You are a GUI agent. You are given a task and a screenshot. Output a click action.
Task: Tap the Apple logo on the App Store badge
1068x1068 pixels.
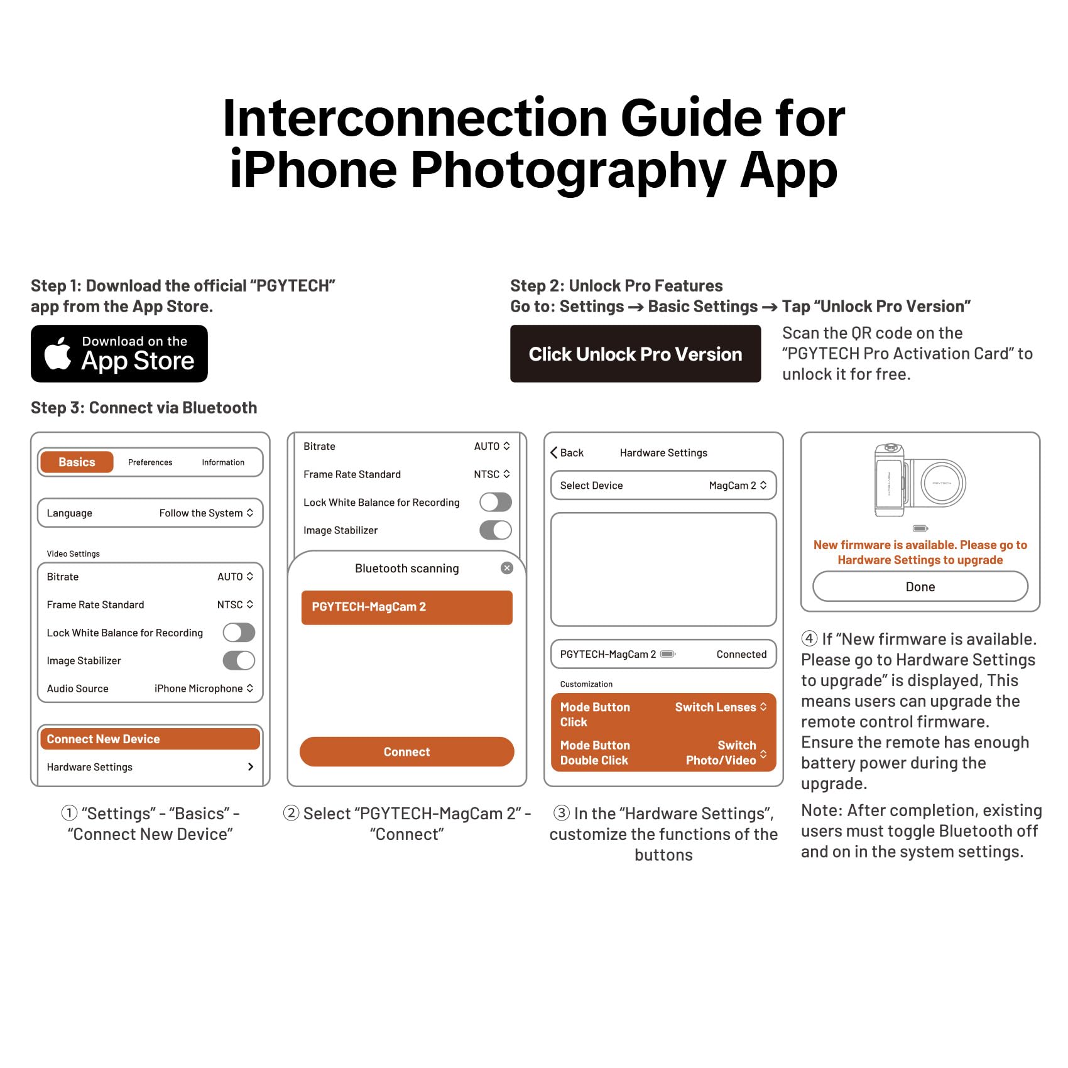[x=58, y=353]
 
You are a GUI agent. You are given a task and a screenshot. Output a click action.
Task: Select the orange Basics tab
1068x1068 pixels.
[x=77, y=462]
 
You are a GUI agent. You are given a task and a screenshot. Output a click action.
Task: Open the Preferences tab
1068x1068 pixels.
[x=150, y=462]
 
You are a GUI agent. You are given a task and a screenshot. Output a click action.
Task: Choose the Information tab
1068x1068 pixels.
[x=223, y=462]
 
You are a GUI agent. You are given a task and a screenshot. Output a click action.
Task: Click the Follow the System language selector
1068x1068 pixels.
[x=206, y=513]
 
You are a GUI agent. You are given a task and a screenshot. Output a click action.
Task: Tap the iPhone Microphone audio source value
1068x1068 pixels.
[x=204, y=689]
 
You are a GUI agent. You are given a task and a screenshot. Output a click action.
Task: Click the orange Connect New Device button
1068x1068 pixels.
[x=150, y=739]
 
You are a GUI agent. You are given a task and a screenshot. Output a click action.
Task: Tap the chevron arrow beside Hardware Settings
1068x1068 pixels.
[x=251, y=766]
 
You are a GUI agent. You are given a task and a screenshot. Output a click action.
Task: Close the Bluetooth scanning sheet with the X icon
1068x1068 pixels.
[x=507, y=568]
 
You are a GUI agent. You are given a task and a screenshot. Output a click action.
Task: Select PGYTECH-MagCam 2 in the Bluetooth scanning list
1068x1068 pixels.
[x=407, y=608]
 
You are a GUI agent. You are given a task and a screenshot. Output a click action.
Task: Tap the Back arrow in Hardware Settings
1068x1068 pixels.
[x=554, y=452]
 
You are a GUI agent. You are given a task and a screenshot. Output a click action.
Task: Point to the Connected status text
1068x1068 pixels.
[x=741, y=654]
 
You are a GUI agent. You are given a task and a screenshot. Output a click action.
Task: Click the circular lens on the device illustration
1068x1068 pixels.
[x=943, y=483]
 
